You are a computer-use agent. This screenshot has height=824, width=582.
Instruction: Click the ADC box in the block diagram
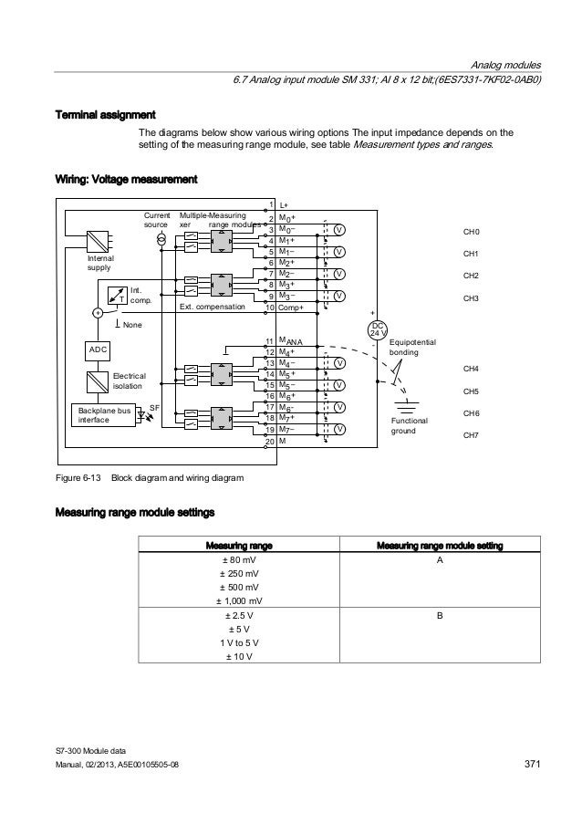99,350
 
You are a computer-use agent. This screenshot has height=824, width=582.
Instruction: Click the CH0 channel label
472,232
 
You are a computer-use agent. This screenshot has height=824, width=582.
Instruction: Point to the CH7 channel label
472,436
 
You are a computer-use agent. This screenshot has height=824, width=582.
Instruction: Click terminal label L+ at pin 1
286,206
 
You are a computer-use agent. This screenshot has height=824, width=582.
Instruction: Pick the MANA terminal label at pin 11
291,341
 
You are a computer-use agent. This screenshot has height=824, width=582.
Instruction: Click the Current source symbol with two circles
161,238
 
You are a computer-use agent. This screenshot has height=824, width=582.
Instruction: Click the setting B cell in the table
440,616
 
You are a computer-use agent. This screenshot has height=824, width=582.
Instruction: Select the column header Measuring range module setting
440,546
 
